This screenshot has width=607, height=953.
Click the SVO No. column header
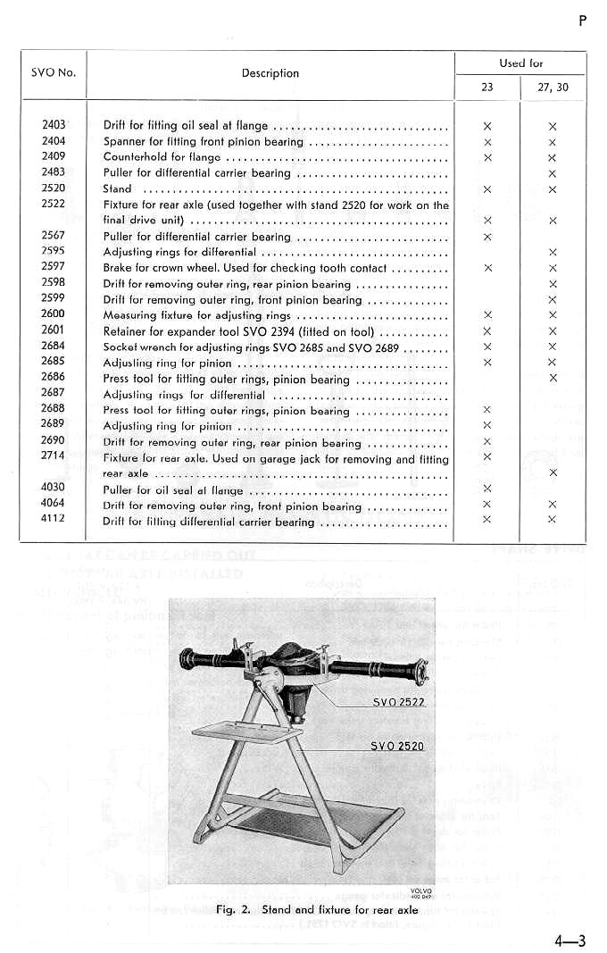click(x=54, y=73)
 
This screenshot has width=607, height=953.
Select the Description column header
click(x=270, y=73)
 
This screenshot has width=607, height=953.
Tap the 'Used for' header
click(x=520, y=63)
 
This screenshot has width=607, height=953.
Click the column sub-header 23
click(x=486, y=88)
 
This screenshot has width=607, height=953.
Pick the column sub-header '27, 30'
click(x=553, y=88)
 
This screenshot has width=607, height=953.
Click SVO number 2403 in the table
click(x=54, y=126)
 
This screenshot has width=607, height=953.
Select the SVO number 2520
click(x=54, y=189)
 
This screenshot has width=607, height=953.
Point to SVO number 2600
click(x=54, y=315)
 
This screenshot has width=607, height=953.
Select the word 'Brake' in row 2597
click(x=118, y=268)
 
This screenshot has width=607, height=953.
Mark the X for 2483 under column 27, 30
click(x=553, y=174)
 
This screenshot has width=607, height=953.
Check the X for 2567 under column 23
click(x=487, y=238)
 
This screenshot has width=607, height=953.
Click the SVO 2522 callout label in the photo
click(x=399, y=702)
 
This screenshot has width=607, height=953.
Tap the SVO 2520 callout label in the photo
click(x=397, y=746)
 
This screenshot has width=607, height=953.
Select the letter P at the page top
click(x=582, y=21)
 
